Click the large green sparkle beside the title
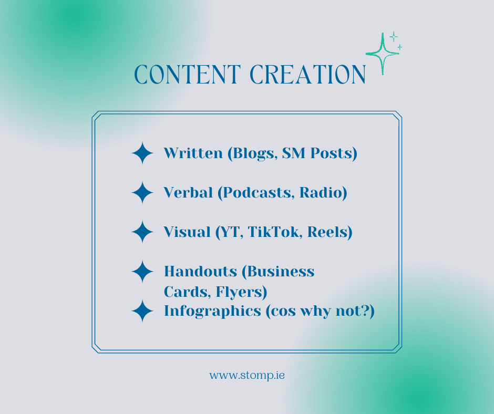[382, 54]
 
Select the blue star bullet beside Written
[142, 153]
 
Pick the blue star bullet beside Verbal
[142, 193]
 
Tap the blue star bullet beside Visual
[142, 232]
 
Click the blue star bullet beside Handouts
[142, 272]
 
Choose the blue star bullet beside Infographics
[142, 311]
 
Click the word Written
[186, 153]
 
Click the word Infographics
[212, 311]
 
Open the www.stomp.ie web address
[247, 376]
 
